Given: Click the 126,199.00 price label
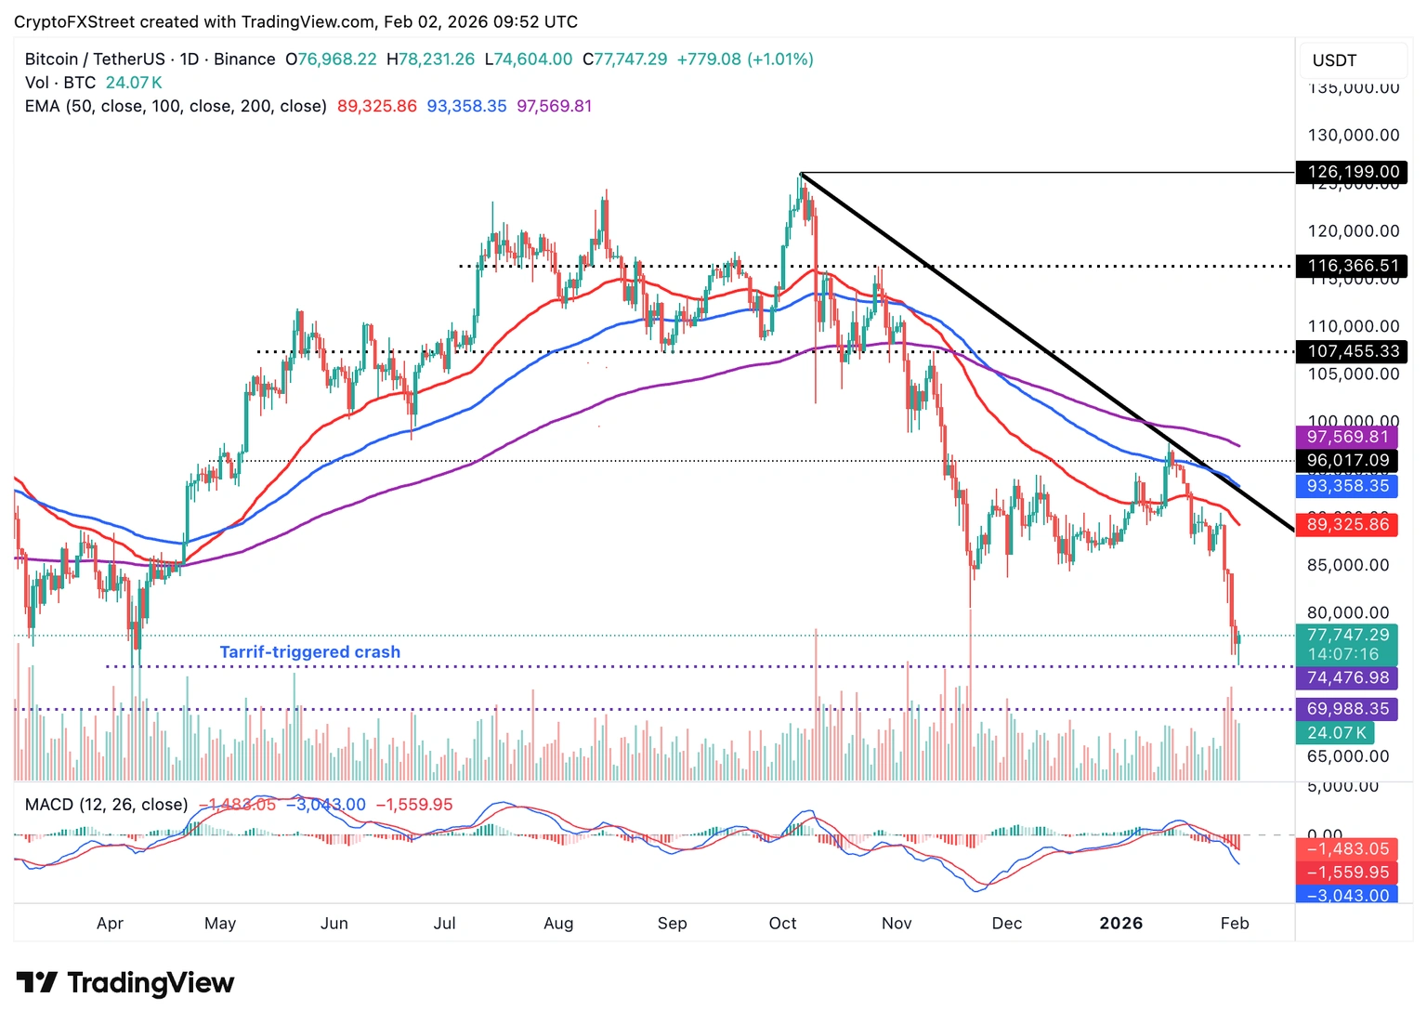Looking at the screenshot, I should point(1353,172).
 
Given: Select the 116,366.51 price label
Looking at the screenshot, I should point(1353,266).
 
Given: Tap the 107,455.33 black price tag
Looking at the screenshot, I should point(1353,351).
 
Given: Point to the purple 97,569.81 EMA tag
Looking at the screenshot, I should point(1347,437).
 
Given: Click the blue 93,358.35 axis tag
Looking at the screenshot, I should point(1347,485).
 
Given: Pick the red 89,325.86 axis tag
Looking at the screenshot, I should point(1347,524).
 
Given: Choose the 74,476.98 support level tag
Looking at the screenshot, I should point(1347,677).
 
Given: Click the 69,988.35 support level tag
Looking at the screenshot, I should point(1347,708).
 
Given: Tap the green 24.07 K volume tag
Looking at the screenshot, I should point(1336,732).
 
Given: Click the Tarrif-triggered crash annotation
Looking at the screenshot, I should point(309,651).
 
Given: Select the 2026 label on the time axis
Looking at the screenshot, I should point(1120,923).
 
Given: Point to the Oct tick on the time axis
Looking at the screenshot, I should point(782,923).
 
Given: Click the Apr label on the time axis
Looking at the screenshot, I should point(110,923).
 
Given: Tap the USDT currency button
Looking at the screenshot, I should point(1335,60).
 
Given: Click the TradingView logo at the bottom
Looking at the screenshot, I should point(125,982).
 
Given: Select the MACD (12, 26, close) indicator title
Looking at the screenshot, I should point(106,804).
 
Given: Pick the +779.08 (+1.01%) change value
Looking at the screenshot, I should point(745,59).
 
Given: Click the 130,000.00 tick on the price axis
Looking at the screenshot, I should point(1353,135).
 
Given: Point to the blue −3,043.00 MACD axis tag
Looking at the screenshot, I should point(1347,895).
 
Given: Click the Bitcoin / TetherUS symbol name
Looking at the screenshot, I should point(96,59).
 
